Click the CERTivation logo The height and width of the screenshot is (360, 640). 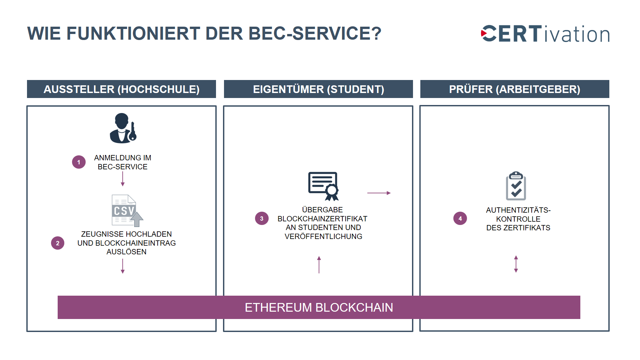[x=545, y=34]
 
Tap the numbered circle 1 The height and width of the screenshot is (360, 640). [x=79, y=162]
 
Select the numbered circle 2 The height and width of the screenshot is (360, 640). [x=58, y=243]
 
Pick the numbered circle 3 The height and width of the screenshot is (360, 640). [x=262, y=218]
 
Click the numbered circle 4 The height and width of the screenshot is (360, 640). [x=460, y=218]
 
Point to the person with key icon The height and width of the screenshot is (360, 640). [x=123, y=128]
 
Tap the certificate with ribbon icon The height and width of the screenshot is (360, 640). [x=323, y=186]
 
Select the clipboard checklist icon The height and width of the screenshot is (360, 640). [x=516, y=186]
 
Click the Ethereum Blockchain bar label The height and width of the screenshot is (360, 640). [x=319, y=307]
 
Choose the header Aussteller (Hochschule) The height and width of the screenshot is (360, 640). [x=121, y=89]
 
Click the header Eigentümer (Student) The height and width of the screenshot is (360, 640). [x=318, y=89]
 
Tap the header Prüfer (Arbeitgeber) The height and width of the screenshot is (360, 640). [x=515, y=89]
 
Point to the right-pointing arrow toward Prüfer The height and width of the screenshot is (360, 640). [x=379, y=193]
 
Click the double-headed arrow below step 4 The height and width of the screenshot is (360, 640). [x=516, y=264]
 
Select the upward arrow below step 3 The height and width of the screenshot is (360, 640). [x=319, y=265]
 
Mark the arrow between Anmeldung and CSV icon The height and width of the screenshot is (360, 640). [x=123, y=179]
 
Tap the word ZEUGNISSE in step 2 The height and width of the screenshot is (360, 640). [x=100, y=234]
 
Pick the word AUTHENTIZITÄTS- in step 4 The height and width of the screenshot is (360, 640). [x=518, y=210]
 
